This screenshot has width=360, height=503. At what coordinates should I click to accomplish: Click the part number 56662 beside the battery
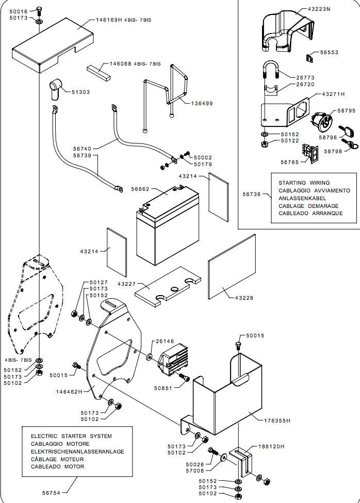140,189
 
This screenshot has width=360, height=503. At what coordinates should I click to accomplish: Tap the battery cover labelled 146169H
52,46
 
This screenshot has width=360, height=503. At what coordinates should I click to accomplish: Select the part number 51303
80,92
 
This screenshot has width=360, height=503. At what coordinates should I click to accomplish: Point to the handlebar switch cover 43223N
284,31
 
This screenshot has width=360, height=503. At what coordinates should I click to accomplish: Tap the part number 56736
252,194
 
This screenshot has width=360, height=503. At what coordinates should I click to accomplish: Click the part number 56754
52,493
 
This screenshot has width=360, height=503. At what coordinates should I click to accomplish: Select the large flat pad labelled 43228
232,268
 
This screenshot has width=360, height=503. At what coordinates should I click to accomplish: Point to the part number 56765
290,162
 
